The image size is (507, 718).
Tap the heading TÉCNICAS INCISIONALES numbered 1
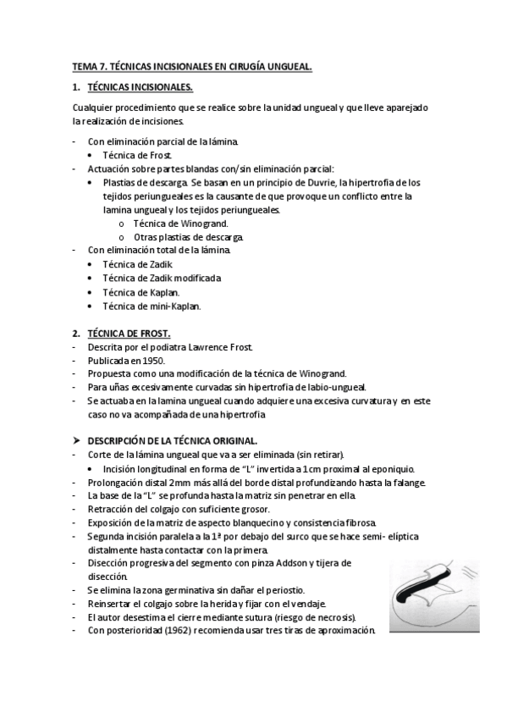[140, 87]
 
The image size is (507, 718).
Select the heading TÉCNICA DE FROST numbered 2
[130, 334]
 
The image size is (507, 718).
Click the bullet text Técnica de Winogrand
[168, 224]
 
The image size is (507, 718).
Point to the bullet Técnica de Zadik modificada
[161, 278]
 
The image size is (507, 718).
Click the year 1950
[148, 361]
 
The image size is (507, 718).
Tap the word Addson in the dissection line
[284, 562]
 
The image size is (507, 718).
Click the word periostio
[285, 589]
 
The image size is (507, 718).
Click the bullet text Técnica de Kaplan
[140, 291]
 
